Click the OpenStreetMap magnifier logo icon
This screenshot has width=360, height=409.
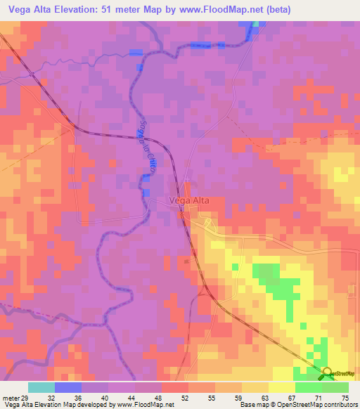(326, 372)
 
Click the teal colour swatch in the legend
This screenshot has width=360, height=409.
(41, 387)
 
